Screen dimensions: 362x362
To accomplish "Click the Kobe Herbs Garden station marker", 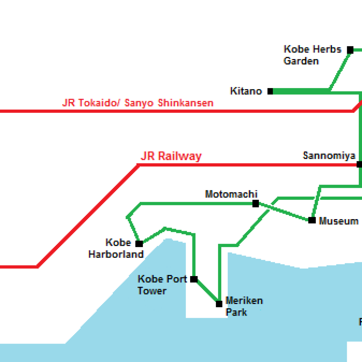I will click(350, 50).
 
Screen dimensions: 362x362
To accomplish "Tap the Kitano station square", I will click(270, 92).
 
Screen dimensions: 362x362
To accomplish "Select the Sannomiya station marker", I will click(359, 164).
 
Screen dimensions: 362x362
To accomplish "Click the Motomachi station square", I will click(256, 204).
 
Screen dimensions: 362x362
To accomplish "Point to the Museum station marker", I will click(312, 220).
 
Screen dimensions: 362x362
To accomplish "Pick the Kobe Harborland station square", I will click(139, 244).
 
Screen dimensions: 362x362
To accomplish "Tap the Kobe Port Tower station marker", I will click(194, 279).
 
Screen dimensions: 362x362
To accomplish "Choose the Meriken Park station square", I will click(219, 304).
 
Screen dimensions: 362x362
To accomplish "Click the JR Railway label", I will click(171, 156).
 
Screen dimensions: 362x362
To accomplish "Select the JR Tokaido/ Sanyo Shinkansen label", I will click(138, 103).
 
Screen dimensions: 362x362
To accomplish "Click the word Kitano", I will click(246, 91).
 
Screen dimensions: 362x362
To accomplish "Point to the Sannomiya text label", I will click(329, 156).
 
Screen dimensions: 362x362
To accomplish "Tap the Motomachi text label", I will click(231, 194).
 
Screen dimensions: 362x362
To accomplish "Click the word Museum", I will click(339, 221).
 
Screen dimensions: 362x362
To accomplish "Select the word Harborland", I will click(116, 254).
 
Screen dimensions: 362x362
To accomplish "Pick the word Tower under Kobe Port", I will click(152, 291).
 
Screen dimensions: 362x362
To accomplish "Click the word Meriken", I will click(244, 301).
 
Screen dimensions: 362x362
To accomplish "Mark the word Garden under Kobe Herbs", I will click(301, 61).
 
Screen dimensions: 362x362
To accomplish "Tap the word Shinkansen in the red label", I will click(186, 103).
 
